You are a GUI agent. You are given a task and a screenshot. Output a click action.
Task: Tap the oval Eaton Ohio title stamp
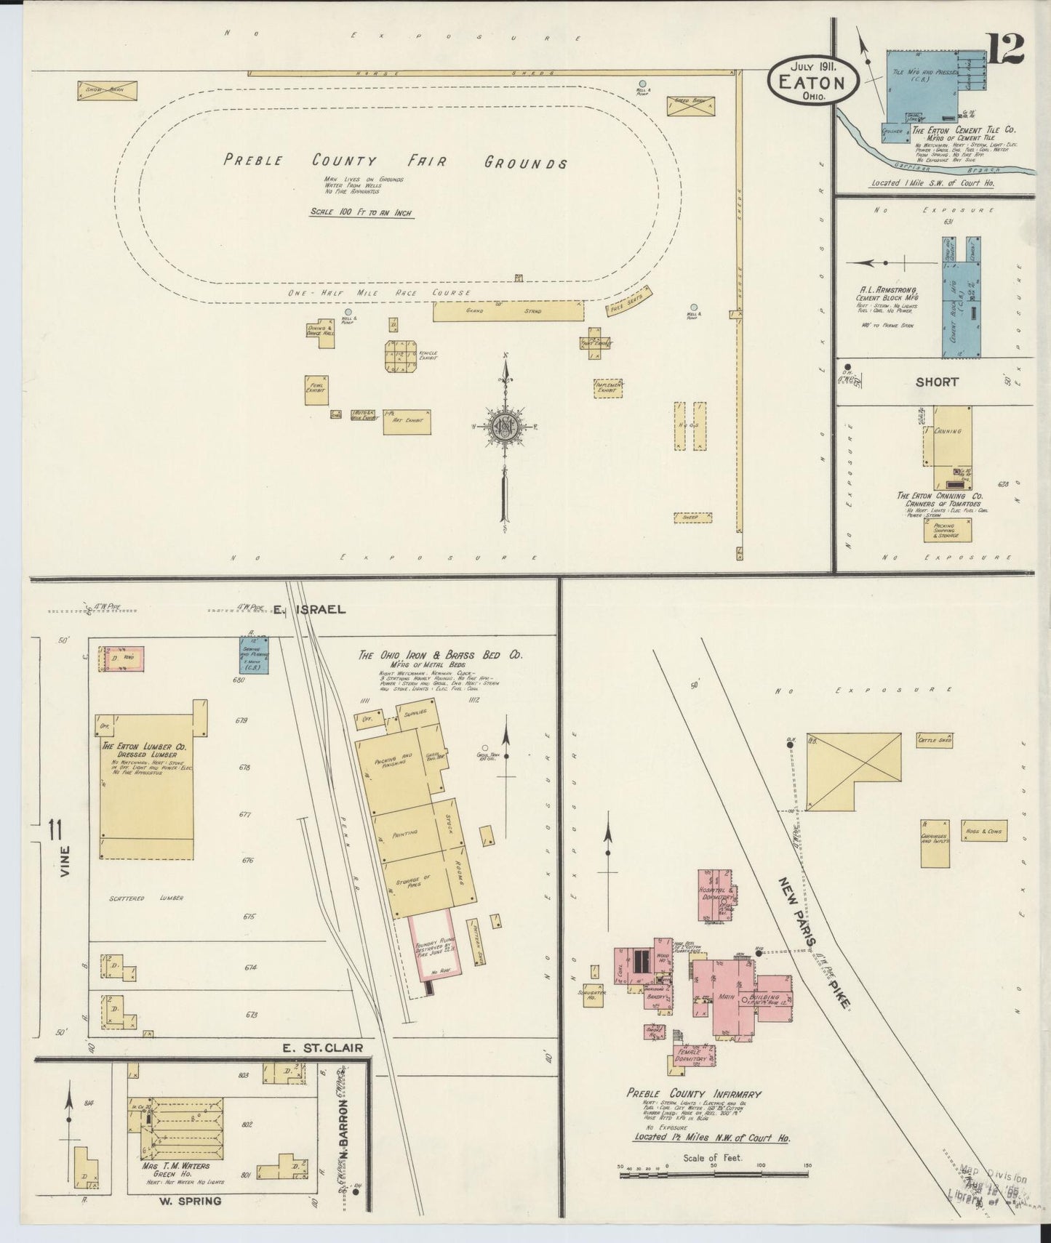(812, 81)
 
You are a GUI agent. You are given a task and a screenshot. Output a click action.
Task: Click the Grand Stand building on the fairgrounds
(508, 312)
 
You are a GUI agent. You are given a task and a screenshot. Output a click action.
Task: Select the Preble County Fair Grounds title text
(395, 161)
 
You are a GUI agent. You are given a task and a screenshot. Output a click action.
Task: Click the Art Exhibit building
(407, 422)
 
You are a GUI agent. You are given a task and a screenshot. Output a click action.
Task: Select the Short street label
(937, 382)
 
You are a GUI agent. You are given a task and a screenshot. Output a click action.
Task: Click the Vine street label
(65, 861)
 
